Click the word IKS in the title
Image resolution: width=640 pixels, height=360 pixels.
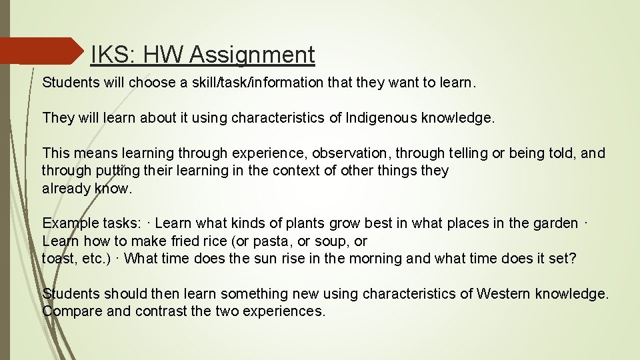tap(106, 55)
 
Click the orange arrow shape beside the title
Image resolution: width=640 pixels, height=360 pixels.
tap(40, 51)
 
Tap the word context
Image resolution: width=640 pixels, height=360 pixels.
tap(297, 171)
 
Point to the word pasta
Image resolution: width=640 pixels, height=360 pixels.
tap(277, 241)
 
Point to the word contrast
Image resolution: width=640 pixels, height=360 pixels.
tap(159, 311)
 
